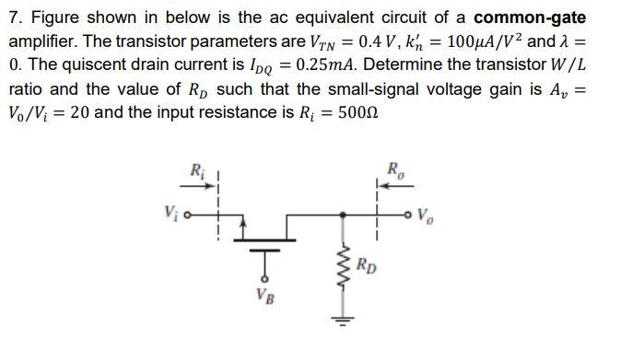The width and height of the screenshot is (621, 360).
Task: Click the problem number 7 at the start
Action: click(13, 19)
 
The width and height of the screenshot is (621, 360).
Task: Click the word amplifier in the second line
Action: click(43, 43)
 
